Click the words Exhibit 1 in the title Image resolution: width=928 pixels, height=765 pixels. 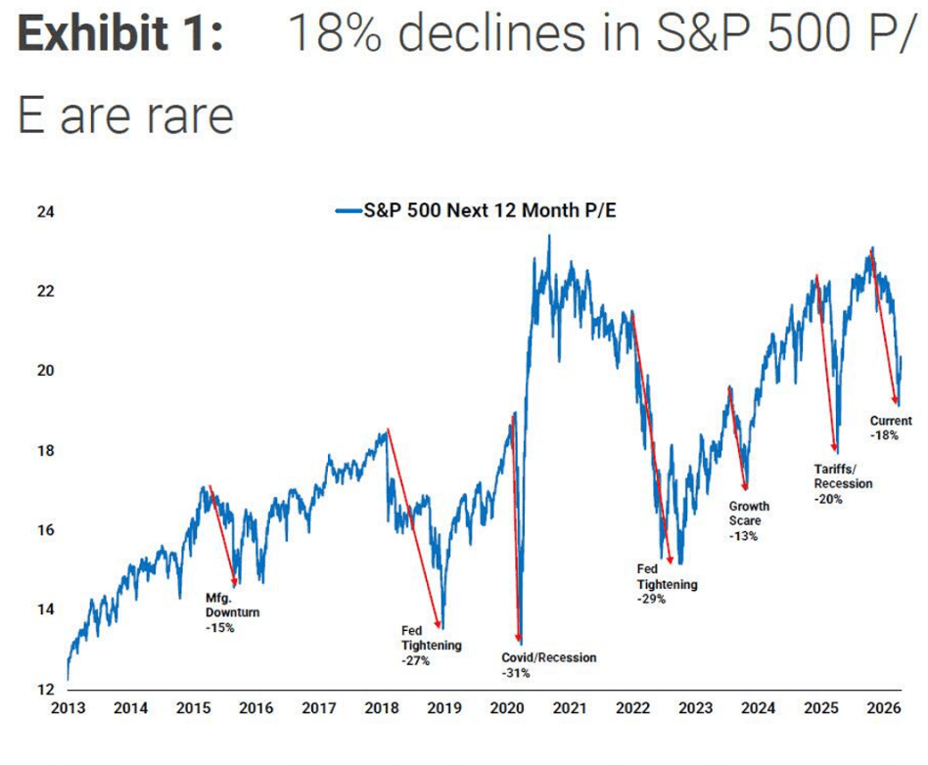120,36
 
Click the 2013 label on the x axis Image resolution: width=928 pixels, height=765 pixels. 69,709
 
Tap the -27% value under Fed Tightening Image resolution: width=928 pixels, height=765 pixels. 416,661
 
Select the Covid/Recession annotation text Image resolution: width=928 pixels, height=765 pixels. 548,657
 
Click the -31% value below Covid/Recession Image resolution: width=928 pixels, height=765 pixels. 516,673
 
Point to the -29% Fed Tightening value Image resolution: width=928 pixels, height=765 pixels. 652,599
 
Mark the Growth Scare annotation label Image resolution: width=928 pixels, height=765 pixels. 749,514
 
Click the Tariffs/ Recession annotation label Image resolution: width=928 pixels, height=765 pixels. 843,475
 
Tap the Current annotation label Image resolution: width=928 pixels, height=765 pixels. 891,422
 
